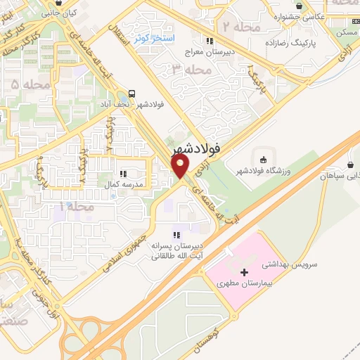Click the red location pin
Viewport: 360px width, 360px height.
(x=181, y=166)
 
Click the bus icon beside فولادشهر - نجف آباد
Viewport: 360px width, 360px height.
(x=131, y=94)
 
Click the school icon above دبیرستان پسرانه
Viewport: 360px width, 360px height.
(x=176, y=235)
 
